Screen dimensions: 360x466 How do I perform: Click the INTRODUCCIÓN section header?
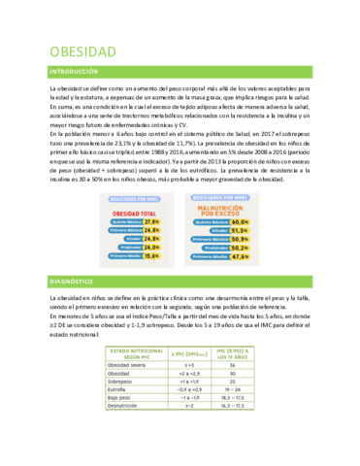click(x=74, y=73)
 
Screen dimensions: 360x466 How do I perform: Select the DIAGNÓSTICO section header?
click(x=72, y=282)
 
